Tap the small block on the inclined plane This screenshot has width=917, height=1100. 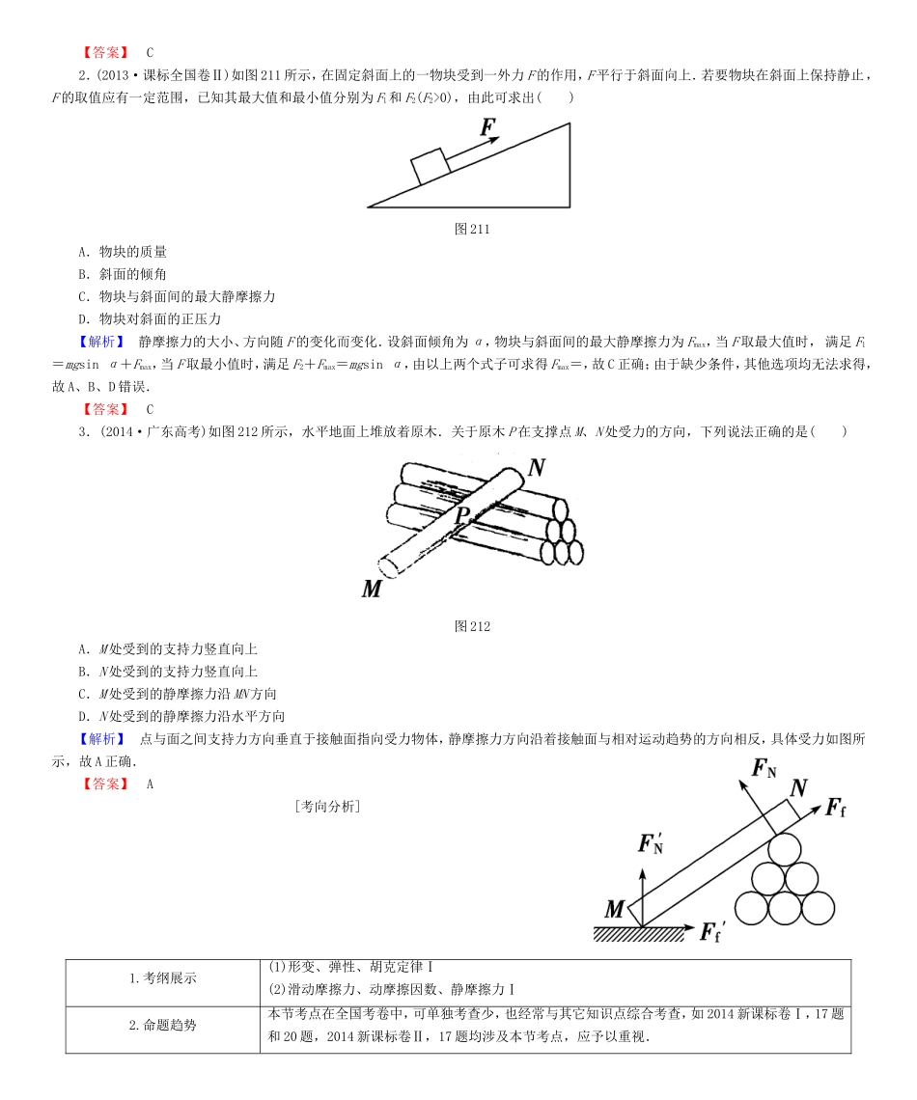click(430, 166)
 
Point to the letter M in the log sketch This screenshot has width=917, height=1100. click(372, 588)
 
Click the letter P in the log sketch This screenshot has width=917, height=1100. click(462, 513)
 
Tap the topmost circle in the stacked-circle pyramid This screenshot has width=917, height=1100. click(784, 848)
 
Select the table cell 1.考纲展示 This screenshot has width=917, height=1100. click(162, 977)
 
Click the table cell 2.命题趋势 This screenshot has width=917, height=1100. click(162, 1026)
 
